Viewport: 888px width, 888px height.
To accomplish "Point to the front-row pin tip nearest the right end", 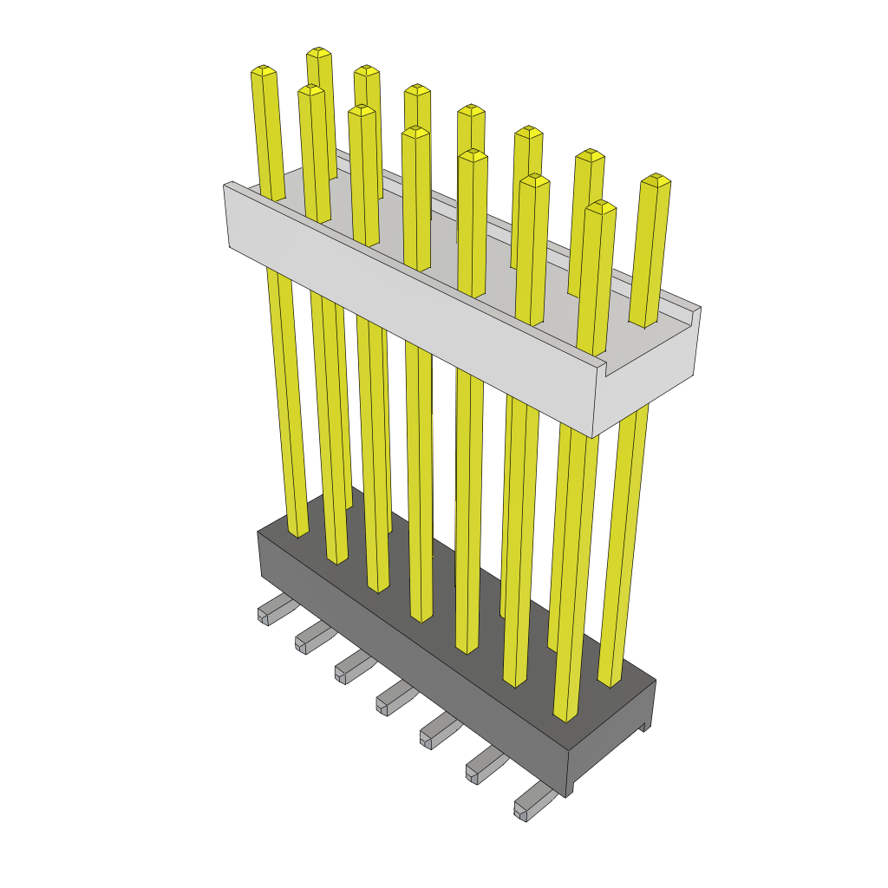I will (601, 206).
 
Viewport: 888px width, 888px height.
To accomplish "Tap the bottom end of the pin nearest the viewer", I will (566, 715).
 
